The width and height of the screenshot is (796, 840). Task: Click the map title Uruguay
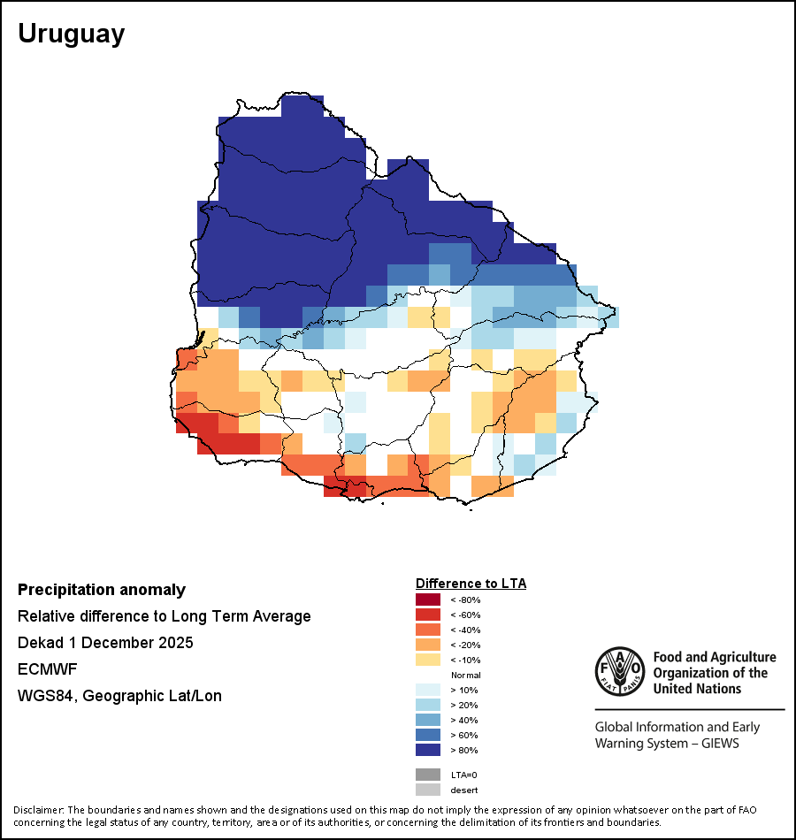(x=72, y=34)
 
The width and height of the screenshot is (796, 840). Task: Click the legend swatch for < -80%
(x=428, y=599)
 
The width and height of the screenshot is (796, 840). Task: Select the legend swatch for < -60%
(x=428, y=615)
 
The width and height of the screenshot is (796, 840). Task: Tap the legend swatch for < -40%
(x=428, y=630)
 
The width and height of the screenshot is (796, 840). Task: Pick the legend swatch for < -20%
(x=428, y=645)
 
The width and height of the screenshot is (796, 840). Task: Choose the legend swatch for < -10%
(x=428, y=660)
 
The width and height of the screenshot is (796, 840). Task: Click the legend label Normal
(x=466, y=675)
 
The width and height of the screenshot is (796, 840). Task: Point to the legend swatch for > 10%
(x=428, y=690)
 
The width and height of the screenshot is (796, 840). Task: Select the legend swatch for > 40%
(x=428, y=720)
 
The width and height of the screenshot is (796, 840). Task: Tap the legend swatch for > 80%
(x=428, y=750)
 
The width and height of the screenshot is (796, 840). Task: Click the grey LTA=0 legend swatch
(x=428, y=775)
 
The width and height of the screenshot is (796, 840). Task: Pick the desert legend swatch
(x=428, y=790)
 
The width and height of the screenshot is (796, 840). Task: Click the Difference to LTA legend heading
(x=471, y=584)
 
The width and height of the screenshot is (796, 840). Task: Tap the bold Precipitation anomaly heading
(x=102, y=590)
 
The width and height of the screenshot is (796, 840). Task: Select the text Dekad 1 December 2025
(x=105, y=642)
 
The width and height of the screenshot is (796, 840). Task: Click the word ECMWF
(x=47, y=669)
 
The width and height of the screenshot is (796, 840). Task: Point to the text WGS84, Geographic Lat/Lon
(x=119, y=696)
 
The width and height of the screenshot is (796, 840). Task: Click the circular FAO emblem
(x=620, y=671)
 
